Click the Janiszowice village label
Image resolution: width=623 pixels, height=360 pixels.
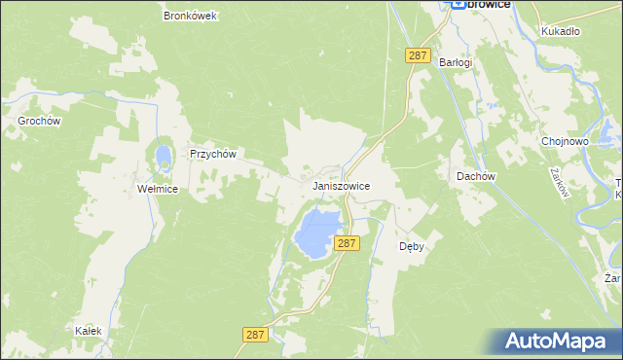(340, 184)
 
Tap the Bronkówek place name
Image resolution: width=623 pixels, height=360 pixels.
(190, 16)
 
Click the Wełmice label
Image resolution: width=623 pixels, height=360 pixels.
(158, 189)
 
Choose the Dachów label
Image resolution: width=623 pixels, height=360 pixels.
(477, 176)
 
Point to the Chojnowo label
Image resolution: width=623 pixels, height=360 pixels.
(566, 141)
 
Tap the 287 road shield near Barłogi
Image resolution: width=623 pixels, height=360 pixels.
(418, 56)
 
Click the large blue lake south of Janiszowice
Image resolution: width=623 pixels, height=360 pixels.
(318, 232)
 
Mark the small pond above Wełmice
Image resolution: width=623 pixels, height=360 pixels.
(163, 155)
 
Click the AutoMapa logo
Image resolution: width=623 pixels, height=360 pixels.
(559, 341)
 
